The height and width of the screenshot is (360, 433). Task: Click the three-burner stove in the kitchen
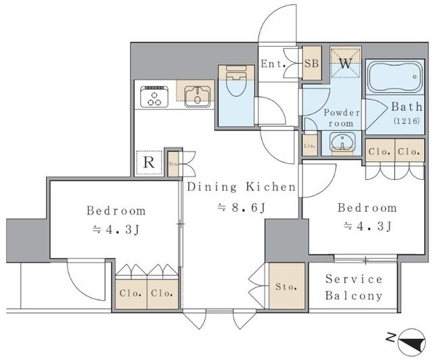154,96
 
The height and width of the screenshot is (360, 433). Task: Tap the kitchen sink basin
197,97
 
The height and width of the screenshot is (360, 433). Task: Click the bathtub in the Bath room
395,77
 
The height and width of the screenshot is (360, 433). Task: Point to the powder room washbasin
342,142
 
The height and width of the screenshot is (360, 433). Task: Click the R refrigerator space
149,162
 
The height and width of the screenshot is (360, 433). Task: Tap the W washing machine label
346,64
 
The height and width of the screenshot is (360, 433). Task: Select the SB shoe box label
312,64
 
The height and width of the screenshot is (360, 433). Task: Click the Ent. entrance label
273,64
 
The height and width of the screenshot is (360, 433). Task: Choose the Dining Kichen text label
242,187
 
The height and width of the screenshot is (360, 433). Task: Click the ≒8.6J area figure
242,208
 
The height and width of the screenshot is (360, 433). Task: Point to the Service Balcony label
354,288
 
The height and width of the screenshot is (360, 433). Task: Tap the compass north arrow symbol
411,340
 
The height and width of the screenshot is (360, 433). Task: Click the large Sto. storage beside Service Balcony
287,286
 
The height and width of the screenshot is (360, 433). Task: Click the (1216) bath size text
407,120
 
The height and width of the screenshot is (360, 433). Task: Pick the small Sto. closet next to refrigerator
173,164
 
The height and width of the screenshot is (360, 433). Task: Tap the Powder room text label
342,118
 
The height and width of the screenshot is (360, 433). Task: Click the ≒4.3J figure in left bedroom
116,229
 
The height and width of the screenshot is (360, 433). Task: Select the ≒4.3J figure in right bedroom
367,226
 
